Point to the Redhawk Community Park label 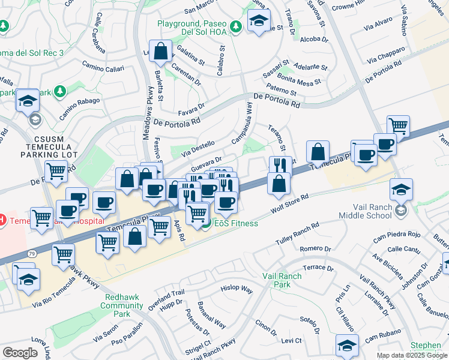point(122,305)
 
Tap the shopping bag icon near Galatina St point(161,51)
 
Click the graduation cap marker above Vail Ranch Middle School point(401,190)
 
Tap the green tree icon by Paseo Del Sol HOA point(237,25)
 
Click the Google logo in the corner point(20,353)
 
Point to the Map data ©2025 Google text point(411,355)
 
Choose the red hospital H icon point(2,220)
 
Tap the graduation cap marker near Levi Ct point(347,344)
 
